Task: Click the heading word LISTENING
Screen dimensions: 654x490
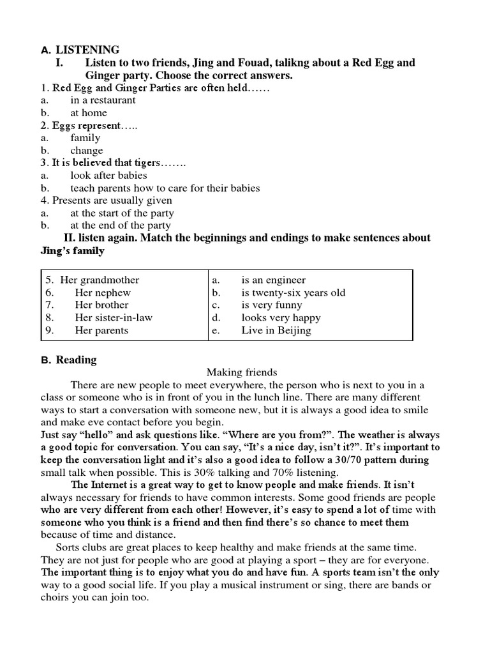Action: click(x=87, y=50)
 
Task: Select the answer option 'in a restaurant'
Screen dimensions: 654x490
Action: click(x=103, y=100)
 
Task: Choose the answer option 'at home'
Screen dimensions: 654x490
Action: click(x=89, y=113)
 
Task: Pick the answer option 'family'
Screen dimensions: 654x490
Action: click(x=85, y=138)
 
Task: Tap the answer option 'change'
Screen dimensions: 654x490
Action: click(x=87, y=151)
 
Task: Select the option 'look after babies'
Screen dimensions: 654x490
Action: click(x=108, y=176)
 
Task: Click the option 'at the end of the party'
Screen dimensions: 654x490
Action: click(x=121, y=225)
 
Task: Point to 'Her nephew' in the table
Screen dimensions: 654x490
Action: click(x=103, y=293)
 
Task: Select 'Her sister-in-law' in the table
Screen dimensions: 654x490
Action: click(x=114, y=317)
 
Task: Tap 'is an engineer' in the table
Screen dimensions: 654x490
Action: click(x=273, y=280)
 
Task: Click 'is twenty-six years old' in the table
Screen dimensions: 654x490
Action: click(x=293, y=293)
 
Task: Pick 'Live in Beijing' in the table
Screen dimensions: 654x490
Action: click(x=276, y=330)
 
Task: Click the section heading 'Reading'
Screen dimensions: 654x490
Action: click(x=77, y=360)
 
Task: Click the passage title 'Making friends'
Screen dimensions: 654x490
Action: click(x=242, y=372)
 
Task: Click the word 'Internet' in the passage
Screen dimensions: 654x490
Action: click(x=110, y=485)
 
